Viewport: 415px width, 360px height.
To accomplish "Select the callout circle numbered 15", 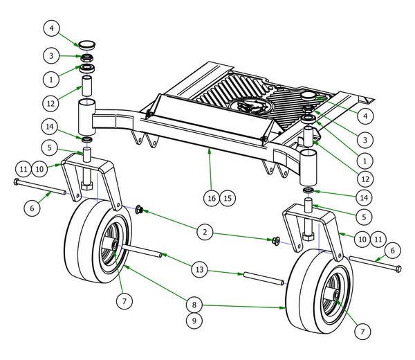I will pyautogui.click(x=228, y=197).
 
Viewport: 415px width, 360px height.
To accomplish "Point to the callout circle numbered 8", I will pyautogui.click(x=194, y=303).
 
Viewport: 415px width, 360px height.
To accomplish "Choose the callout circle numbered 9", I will pyautogui.click(x=194, y=321).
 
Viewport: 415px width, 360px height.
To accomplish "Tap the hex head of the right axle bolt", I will pyautogui.click(x=400, y=268).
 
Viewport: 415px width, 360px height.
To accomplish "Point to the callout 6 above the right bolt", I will pyautogui.click(x=393, y=249).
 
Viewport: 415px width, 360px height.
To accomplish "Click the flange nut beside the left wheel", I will pyautogui.click(x=139, y=209).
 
